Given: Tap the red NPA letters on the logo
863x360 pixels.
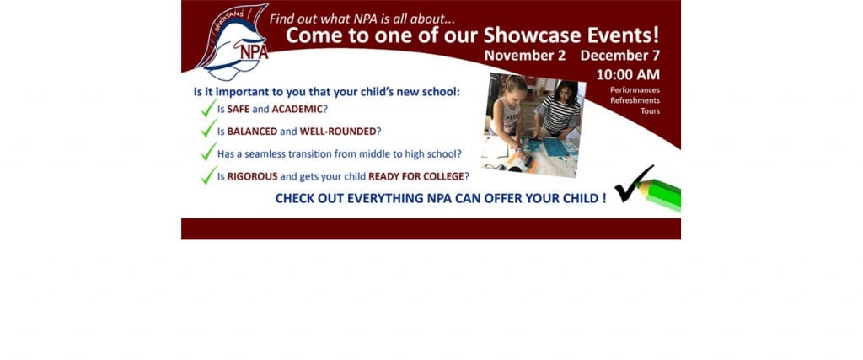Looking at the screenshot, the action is (254, 51).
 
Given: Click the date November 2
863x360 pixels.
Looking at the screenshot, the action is (525, 56).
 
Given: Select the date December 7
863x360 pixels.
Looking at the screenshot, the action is (619, 56).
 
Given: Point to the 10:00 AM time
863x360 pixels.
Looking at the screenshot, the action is (628, 74).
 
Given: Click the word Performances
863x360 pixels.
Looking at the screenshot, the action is (635, 89).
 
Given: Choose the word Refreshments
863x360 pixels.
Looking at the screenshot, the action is (635, 100).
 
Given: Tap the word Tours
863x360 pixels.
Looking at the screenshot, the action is (650, 110).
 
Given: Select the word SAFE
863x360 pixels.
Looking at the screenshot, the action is (239, 109).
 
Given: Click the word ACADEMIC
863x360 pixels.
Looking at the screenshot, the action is (297, 109).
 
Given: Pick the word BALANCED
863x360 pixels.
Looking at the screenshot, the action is (252, 132).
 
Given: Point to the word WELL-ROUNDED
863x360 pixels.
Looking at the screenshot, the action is (338, 132).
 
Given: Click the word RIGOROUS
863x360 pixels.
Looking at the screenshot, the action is (253, 177).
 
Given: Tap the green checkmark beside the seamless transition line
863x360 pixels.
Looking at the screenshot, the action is (209, 152).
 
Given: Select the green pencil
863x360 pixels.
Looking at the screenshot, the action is (659, 194).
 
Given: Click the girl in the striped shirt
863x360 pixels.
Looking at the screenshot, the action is (560, 110).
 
